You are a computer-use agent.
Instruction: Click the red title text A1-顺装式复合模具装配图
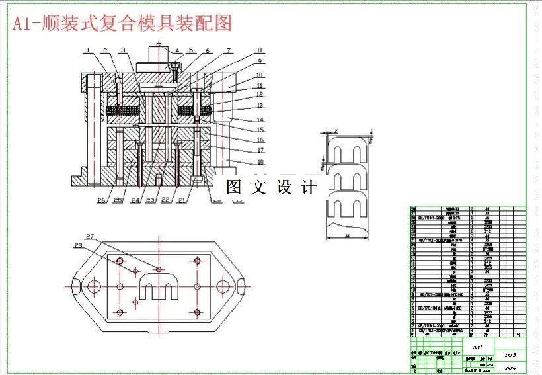(122, 24)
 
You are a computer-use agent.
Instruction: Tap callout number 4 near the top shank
(176, 50)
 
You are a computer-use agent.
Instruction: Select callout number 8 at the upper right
(260, 50)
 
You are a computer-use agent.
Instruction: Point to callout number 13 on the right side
(260, 106)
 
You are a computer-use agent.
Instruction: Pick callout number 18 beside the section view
(260, 162)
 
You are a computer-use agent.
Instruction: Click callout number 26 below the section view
(101, 200)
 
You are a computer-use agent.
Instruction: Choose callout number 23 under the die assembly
(150, 200)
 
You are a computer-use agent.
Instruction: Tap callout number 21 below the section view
(182, 200)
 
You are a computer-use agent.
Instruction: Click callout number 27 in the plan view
(90, 236)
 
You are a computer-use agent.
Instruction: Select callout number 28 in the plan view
(78, 246)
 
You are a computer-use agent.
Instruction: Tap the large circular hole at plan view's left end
(93, 286)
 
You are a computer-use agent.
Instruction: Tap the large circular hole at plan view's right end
(225, 286)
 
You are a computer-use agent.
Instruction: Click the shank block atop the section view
(159, 66)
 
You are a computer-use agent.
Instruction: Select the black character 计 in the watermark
(309, 187)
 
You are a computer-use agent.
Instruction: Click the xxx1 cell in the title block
(477, 347)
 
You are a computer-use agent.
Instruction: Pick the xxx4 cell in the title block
(510, 366)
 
